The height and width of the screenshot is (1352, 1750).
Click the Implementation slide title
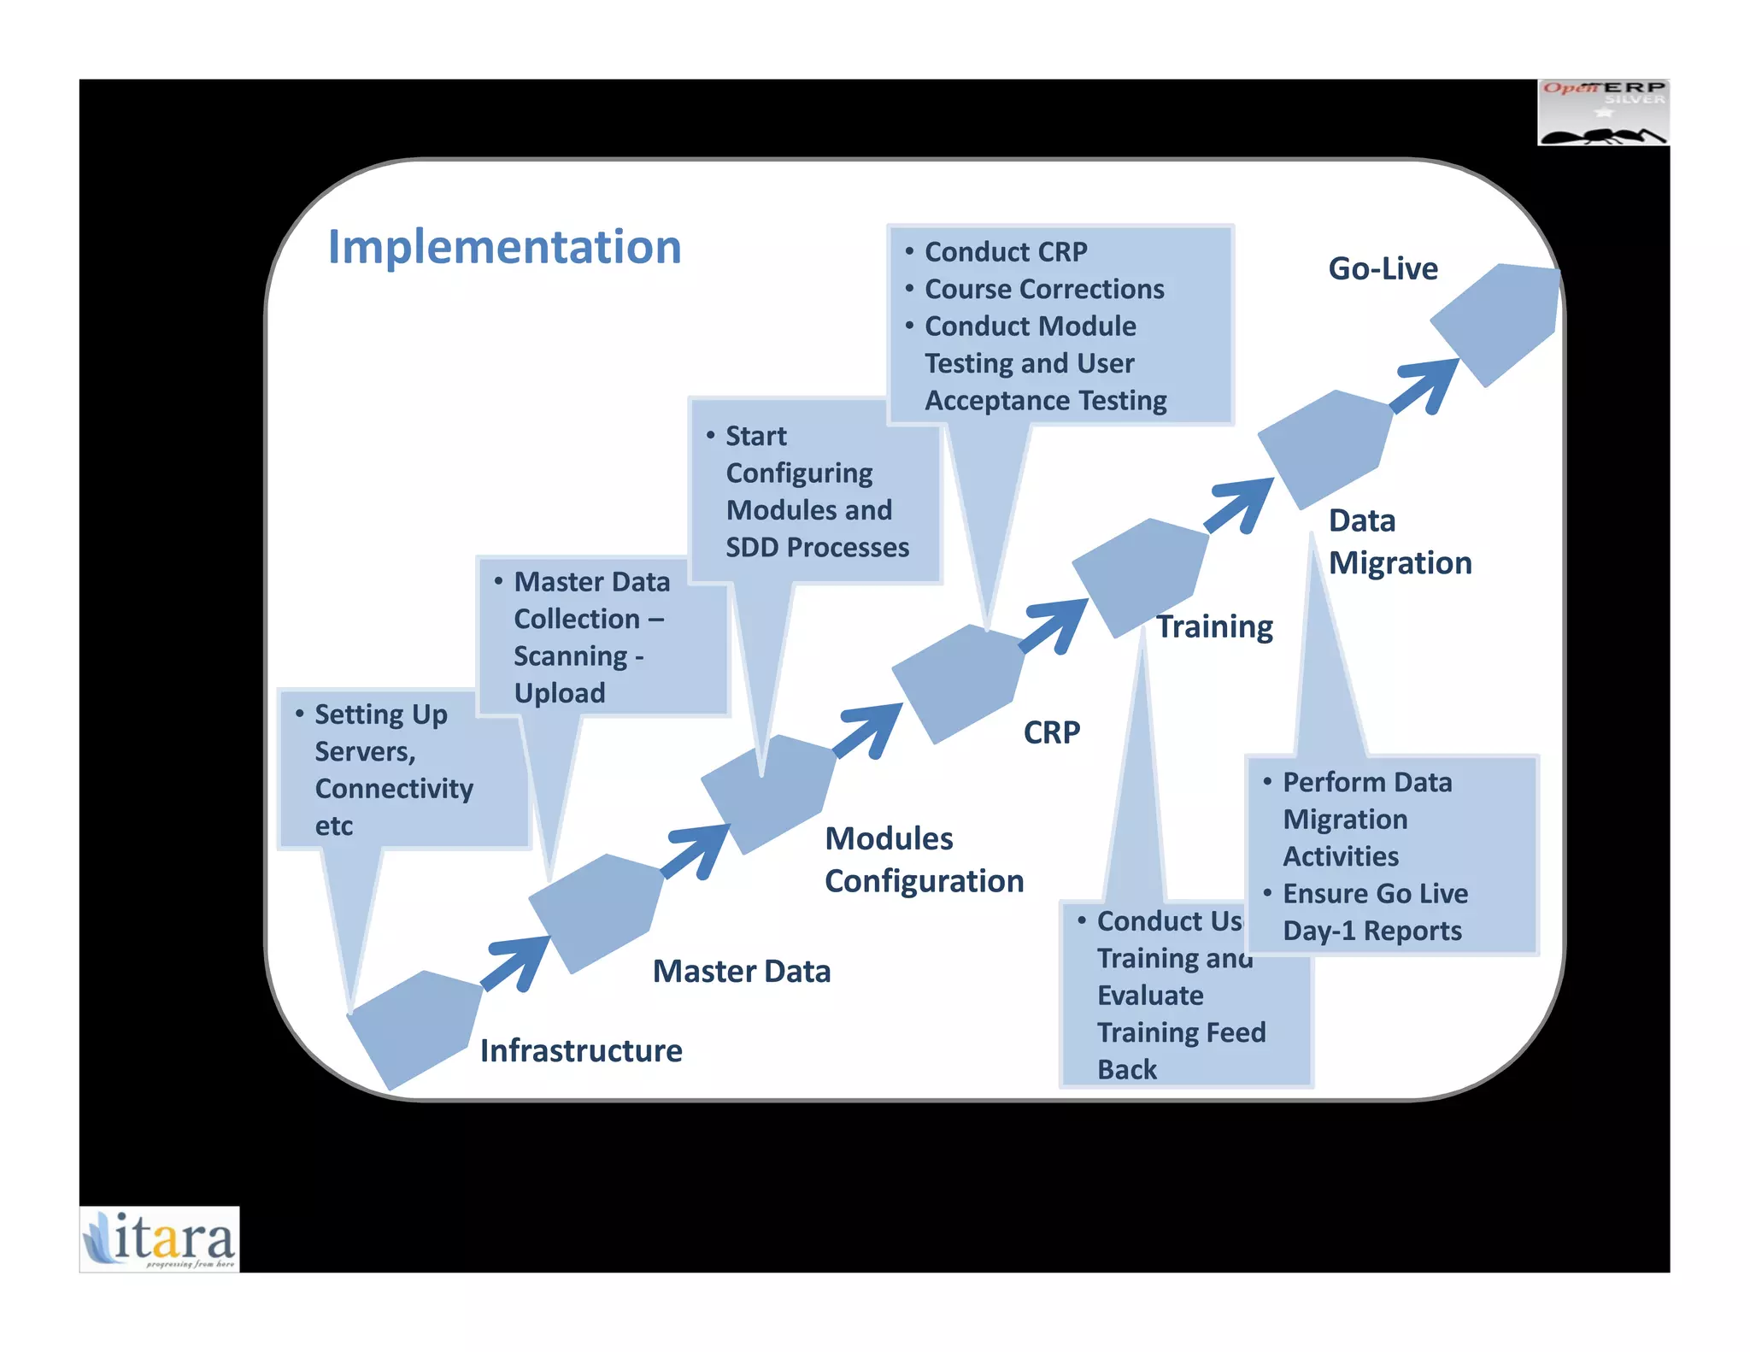504,247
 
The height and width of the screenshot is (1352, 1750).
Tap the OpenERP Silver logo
1603,113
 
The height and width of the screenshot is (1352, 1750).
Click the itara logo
160,1238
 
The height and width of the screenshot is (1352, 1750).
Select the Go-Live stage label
1383,268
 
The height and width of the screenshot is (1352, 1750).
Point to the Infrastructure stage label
581,1050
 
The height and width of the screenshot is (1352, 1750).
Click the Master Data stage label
741,972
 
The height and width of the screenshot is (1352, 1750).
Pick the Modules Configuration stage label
923,860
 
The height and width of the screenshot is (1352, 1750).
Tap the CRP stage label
1052,732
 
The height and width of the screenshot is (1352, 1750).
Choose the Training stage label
1214,626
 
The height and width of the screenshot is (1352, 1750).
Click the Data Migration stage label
1400,542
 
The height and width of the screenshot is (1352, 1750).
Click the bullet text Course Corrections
1043,289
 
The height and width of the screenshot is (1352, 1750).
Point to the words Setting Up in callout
380,714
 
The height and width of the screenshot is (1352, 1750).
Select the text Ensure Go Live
1375,893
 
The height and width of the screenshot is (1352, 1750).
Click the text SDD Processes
817,547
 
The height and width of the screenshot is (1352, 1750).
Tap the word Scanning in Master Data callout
570,656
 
